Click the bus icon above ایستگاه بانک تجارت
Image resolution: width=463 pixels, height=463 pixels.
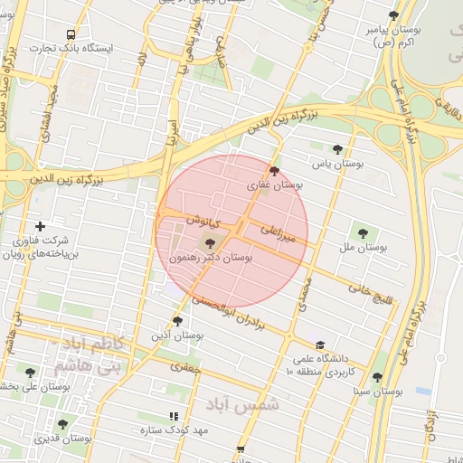coord(71,34)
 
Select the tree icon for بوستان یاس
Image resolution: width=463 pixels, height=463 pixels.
coord(337,149)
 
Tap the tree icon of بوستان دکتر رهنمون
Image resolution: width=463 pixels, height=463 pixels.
coord(210,242)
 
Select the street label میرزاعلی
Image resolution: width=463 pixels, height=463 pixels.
coord(279,236)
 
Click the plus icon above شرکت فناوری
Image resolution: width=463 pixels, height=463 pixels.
coord(39,226)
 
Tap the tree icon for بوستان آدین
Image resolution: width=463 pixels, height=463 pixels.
coord(177,320)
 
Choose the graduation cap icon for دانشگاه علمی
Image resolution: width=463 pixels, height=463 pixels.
coord(319,345)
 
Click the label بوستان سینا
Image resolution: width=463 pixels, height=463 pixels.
coord(378,392)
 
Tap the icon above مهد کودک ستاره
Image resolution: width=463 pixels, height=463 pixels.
coord(174,416)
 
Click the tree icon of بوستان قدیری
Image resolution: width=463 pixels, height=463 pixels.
coord(62,423)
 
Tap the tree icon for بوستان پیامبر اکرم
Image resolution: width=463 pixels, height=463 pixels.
coord(392,15)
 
